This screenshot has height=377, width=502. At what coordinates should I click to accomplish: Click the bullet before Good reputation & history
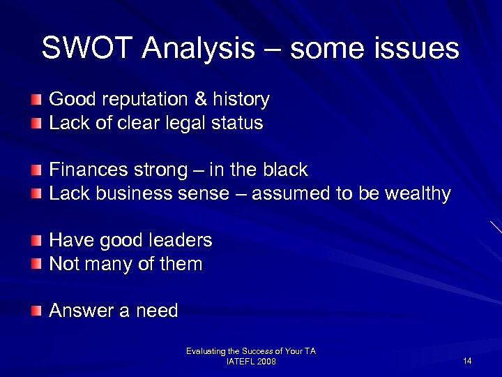[36, 101]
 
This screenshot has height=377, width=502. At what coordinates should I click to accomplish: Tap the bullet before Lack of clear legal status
[36, 124]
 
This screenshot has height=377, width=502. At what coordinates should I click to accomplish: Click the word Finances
[84, 170]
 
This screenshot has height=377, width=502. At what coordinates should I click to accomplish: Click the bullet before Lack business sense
[36, 194]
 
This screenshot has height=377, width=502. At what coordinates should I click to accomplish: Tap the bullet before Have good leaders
[36, 241]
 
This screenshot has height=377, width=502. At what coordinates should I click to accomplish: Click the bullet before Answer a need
[36, 311]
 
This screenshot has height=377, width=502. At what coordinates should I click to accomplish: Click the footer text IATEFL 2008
[251, 362]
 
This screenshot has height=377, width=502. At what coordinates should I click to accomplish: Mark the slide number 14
[467, 360]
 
